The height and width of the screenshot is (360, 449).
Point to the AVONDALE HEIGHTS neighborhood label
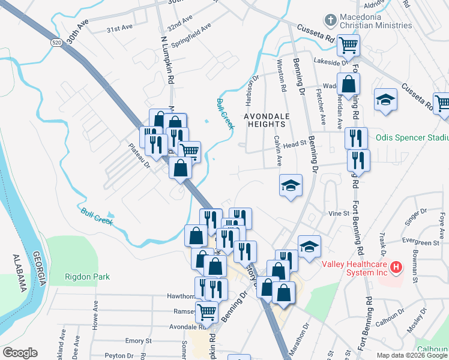pyautogui.click(x=265, y=119)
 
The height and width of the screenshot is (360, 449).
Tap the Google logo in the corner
pyautogui.click(x=20, y=353)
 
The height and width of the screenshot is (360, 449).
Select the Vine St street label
pyautogui.click(x=339, y=213)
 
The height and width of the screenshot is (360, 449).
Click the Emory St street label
pyautogui.click(x=139, y=341)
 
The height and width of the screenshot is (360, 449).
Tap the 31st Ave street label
pyautogui.click(x=119, y=28)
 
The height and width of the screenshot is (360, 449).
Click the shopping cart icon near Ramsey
pyautogui.click(x=206, y=311)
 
